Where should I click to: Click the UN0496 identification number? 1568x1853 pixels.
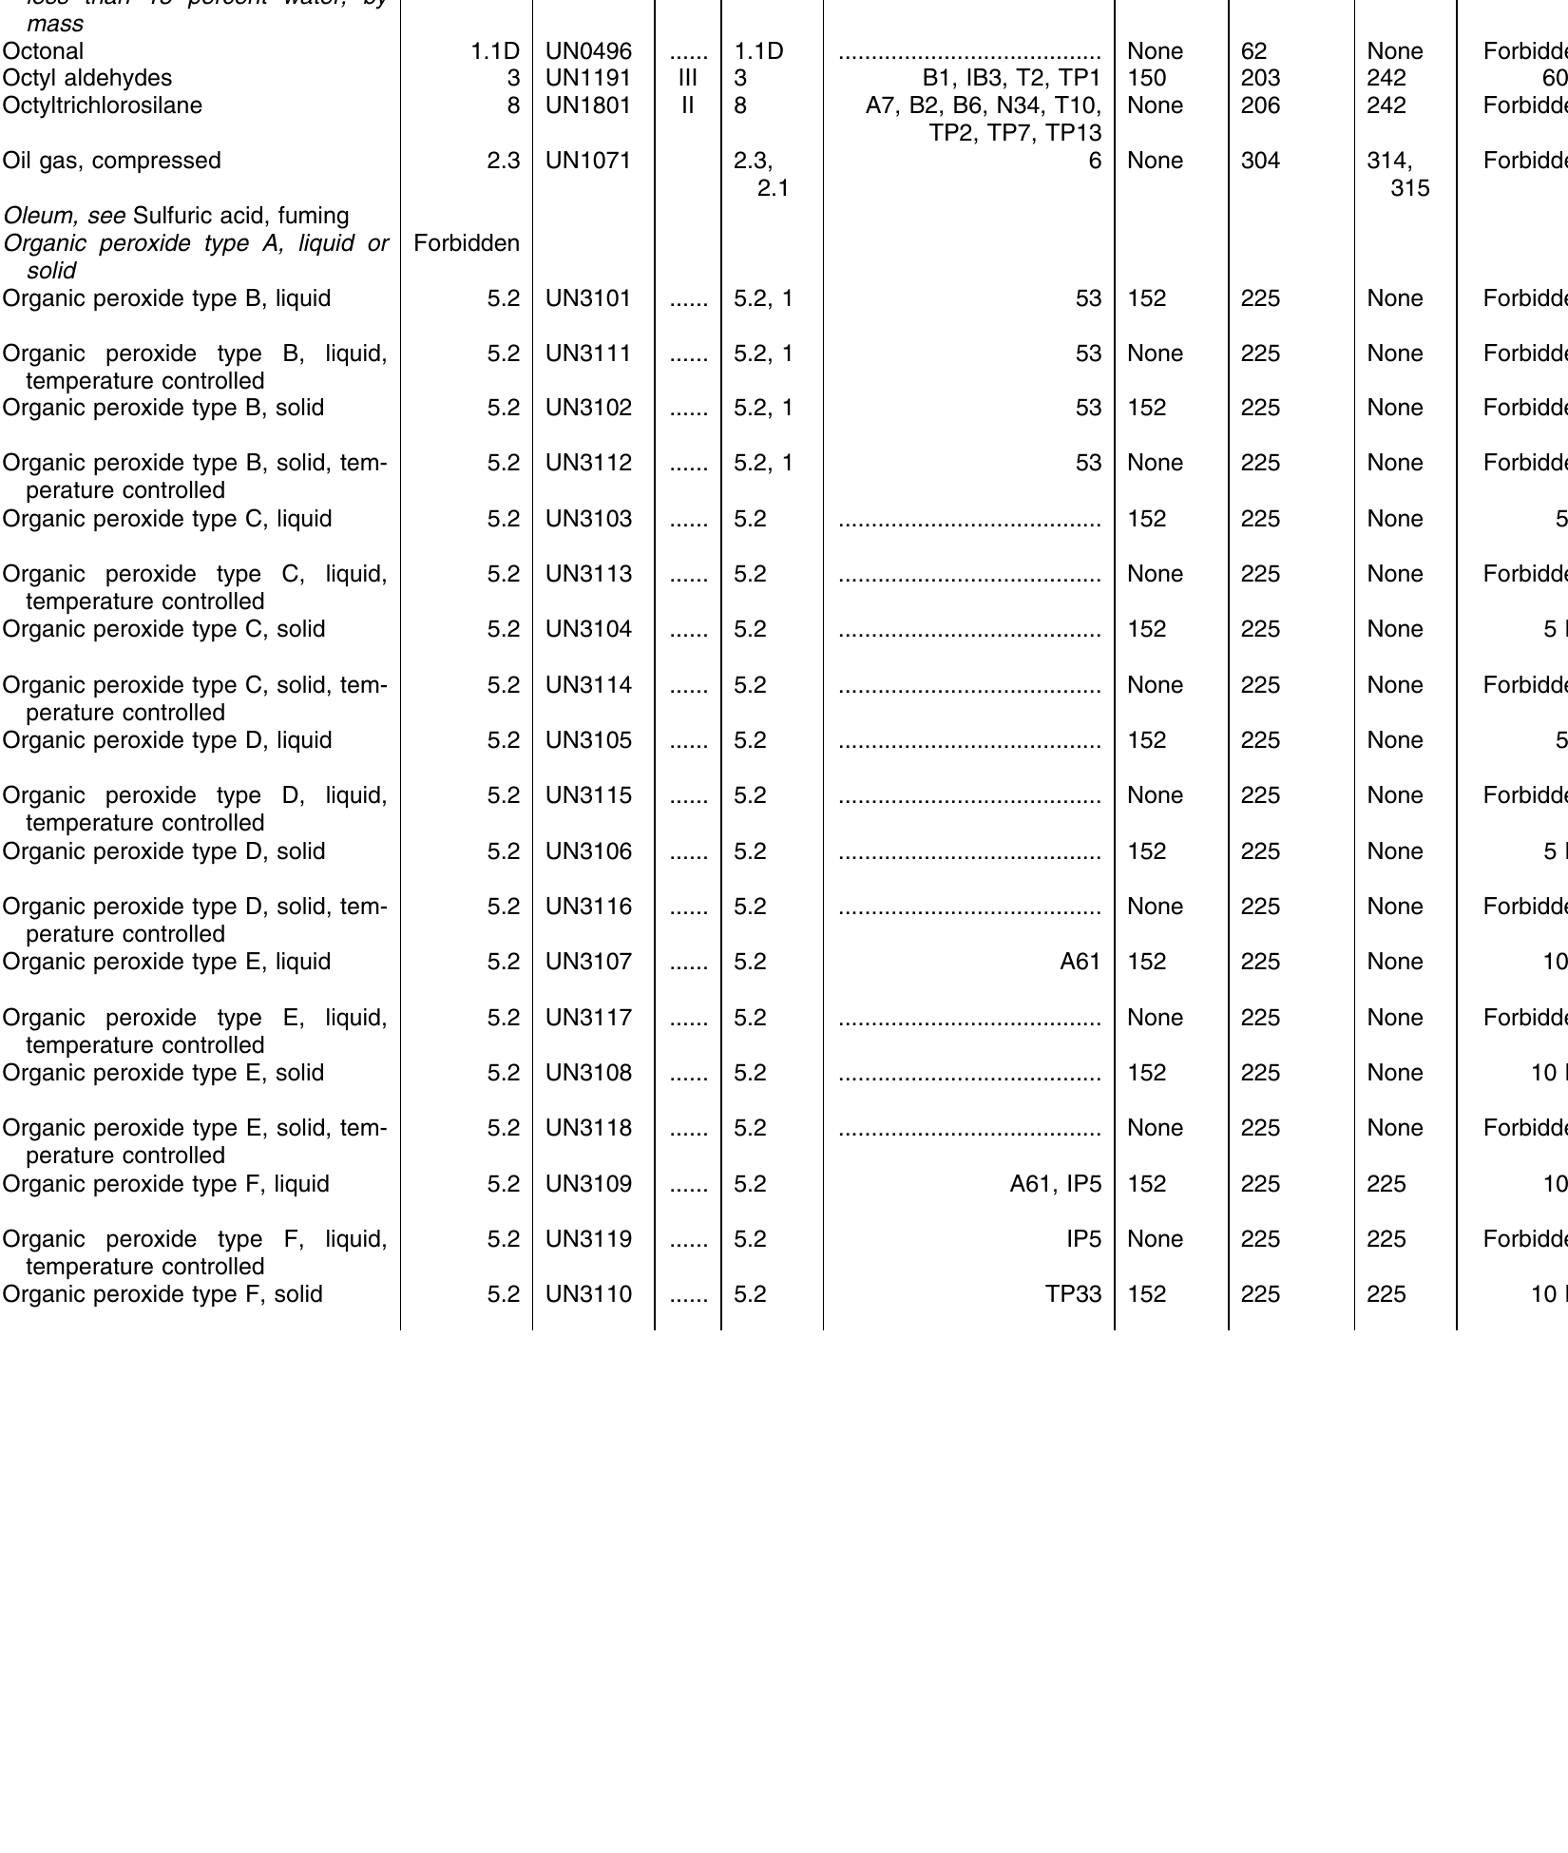588,51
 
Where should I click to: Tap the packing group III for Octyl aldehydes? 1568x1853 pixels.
687,78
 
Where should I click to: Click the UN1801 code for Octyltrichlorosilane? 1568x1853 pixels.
588,105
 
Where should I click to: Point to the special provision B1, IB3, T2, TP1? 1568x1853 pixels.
1011,78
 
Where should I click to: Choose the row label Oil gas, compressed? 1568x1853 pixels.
111,161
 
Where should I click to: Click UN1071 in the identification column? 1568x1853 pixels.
588,161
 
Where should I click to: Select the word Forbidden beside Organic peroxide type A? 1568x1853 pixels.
467,243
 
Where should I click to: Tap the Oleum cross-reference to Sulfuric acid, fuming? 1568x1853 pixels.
176,216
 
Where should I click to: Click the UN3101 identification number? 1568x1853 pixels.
588,298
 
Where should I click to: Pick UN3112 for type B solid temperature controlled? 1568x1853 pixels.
588,463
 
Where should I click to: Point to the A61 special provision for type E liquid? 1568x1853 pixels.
1080,962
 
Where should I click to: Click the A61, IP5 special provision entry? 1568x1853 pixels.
1055,1184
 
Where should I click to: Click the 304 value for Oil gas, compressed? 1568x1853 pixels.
1260,161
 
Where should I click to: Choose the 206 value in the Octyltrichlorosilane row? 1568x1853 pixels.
1260,105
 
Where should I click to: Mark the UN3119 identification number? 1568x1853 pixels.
588,1239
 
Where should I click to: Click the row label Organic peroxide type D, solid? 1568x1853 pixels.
163,851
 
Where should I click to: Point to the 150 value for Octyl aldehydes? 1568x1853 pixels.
1147,78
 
